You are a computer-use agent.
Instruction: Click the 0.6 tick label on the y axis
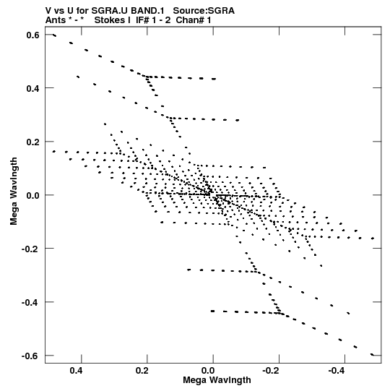[x=33, y=35]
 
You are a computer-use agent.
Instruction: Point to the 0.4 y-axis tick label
[x=33, y=88]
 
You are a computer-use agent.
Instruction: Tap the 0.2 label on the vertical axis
[x=33, y=142]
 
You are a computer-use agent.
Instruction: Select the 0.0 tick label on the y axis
[x=33, y=195]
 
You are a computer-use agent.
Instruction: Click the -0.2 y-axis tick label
[x=30, y=249]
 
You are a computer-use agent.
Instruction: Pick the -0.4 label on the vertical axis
[x=30, y=302]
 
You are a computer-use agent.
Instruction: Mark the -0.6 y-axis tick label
[x=30, y=356]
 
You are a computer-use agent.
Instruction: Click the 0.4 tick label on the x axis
[x=77, y=371]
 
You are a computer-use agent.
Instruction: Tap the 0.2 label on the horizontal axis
[x=142, y=371]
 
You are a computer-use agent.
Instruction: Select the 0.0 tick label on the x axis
[x=208, y=371]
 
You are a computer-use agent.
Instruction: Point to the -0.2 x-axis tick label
[x=272, y=371]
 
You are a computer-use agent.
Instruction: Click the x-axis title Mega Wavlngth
[x=217, y=380]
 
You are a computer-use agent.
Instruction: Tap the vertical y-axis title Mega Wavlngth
[x=14, y=192]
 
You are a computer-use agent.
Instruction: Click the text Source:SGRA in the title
[x=204, y=11]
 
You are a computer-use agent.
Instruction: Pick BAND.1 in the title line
[x=148, y=11]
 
